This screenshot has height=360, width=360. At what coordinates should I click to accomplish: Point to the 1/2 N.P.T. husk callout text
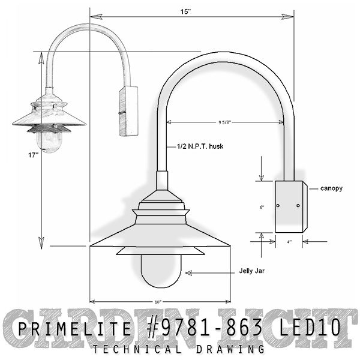(x=200, y=146)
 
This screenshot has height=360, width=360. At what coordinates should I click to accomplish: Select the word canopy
(x=331, y=188)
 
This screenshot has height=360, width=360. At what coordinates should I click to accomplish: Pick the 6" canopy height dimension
(x=262, y=206)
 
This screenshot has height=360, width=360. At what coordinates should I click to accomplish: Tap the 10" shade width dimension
(x=158, y=301)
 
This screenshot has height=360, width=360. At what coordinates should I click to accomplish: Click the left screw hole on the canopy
(x=278, y=206)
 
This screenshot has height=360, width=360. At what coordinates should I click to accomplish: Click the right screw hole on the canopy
(x=298, y=206)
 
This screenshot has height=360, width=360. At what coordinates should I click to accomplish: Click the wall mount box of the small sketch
(x=128, y=111)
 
